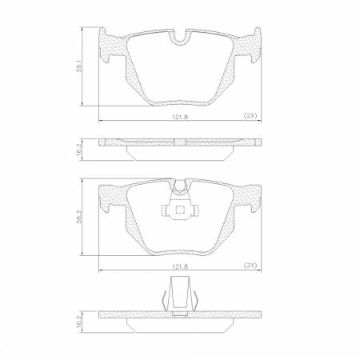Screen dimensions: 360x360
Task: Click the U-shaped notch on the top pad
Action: point(181,38)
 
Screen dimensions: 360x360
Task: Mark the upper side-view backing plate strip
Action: point(180,142)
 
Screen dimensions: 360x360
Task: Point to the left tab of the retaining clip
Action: point(164,212)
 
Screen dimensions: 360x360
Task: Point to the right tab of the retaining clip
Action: point(197,212)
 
